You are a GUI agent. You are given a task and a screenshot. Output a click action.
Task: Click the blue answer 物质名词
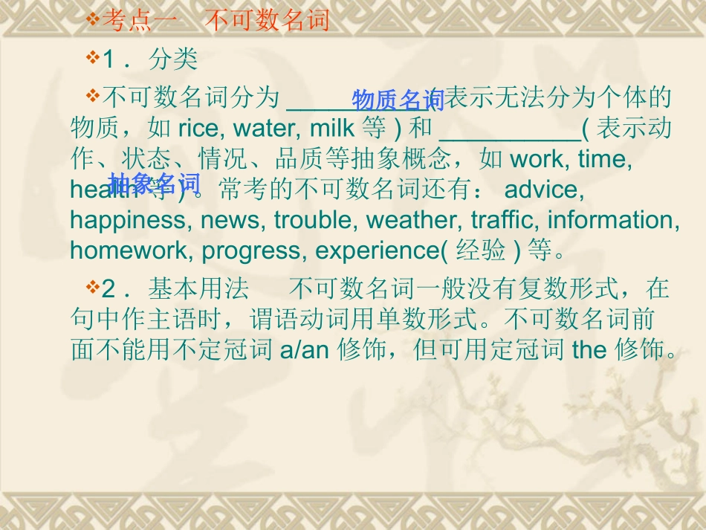pyautogui.click(x=398, y=100)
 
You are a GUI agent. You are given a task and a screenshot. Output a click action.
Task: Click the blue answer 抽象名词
pyautogui.click(x=155, y=182)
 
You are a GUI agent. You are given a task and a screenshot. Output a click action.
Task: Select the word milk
pyautogui.click(x=331, y=129)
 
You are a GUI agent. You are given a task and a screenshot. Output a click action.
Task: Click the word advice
pyautogui.click(x=543, y=190)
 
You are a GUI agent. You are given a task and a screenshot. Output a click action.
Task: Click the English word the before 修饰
pyautogui.click(x=589, y=350)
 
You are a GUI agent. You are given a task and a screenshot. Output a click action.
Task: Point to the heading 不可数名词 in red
pyautogui.click(x=266, y=20)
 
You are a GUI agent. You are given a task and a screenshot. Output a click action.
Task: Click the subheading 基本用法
pyautogui.click(x=198, y=288)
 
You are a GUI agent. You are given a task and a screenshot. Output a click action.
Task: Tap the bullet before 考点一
pyautogui.click(x=93, y=19)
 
